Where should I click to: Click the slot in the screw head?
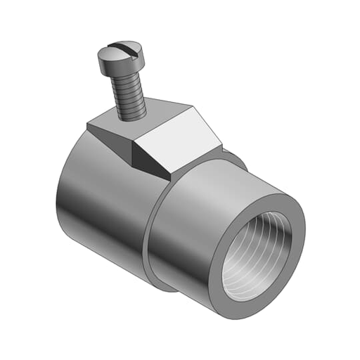(x=122, y=51)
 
